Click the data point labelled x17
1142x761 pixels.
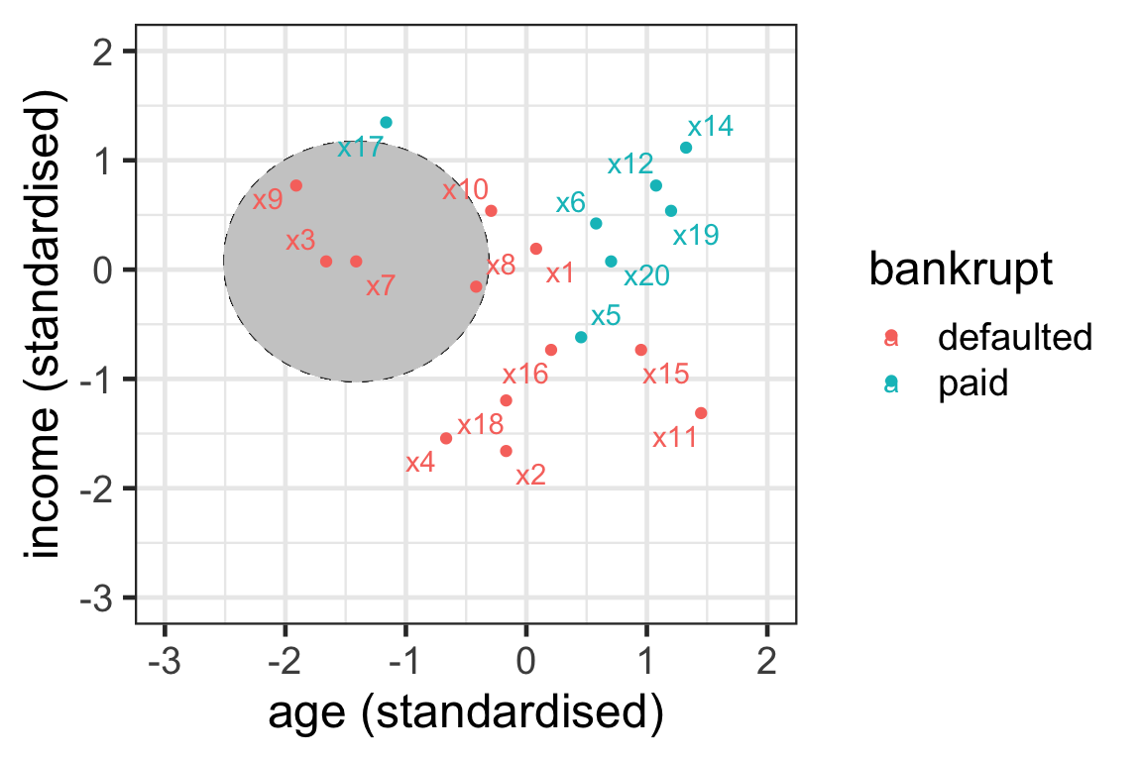[x=387, y=122]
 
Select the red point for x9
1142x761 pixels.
[x=295, y=185]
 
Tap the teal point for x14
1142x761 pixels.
[x=686, y=148]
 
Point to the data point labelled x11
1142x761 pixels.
[x=701, y=413]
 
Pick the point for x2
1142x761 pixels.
[x=506, y=451]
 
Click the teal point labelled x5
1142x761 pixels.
[x=581, y=337]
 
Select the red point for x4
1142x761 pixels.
[x=446, y=438]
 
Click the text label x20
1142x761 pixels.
[x=646, y=276]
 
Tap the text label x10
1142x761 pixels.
[x=465, y=189]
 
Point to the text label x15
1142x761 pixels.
[x=665, y=375]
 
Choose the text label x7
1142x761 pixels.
[x=381, y=286]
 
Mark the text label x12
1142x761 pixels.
[x=629, y=164]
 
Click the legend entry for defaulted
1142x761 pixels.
[x=1014, y=338]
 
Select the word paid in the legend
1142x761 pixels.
[x=972, y=383]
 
